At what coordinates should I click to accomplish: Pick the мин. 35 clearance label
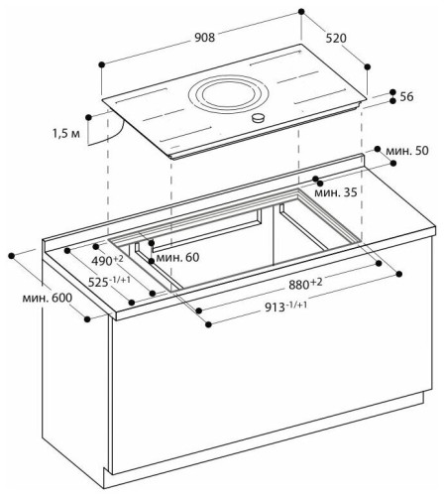pos(335,191)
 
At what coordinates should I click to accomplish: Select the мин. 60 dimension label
pos(178,258)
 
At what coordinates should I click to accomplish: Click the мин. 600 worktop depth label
pos(48,299)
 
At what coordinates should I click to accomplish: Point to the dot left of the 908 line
pos(101,63)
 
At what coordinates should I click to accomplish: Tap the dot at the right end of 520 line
pos(369,67)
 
